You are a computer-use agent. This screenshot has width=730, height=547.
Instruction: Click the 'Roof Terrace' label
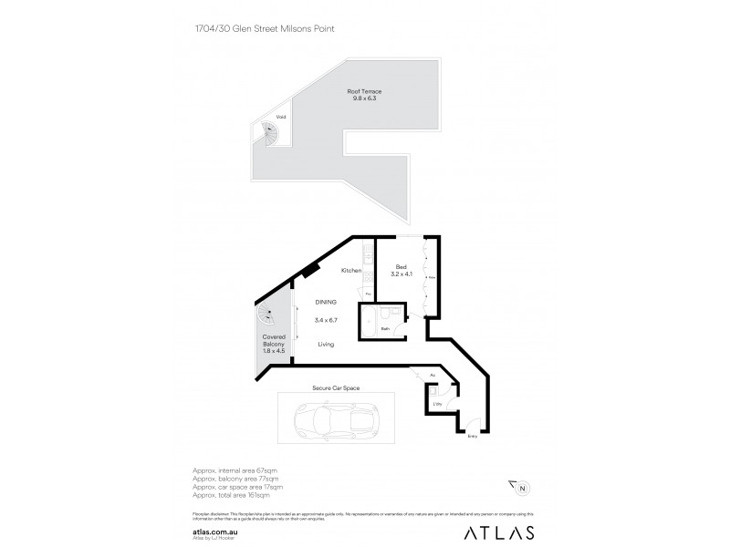click(364, 91)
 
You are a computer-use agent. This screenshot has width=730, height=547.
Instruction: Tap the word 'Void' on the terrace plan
click(281, 118)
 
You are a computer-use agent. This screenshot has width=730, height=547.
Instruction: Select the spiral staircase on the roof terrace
click(270, 137)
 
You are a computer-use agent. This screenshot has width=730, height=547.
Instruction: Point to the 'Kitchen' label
click(352, 271)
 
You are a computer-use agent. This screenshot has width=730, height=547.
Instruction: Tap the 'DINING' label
click(326, 302)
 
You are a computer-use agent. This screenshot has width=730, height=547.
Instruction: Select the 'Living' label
click(326, 344)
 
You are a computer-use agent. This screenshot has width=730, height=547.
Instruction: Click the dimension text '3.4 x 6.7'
click(326, 320)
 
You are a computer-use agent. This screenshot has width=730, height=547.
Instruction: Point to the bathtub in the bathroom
click(372, 323)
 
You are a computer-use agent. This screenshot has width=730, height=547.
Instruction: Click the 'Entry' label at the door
click(472, 436)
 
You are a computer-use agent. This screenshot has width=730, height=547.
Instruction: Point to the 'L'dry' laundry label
click(438, 403)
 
